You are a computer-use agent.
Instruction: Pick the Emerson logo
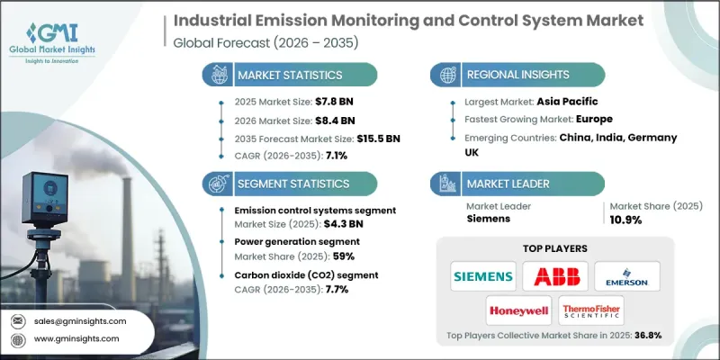click(627, 275)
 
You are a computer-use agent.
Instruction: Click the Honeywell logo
click(518, 310)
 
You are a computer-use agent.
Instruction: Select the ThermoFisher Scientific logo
click(591, 310)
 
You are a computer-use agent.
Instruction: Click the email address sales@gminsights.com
click(81, 320)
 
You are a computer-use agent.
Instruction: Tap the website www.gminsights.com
click(78, 338)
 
